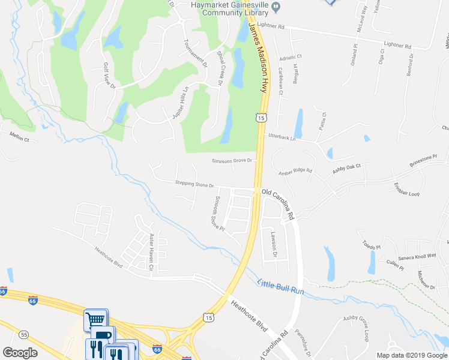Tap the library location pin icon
click(x=276, y=7)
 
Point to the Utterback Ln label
click(x=282, y=137)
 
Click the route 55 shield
click(x=24, y=334)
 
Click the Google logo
click(x=20, y=352)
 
